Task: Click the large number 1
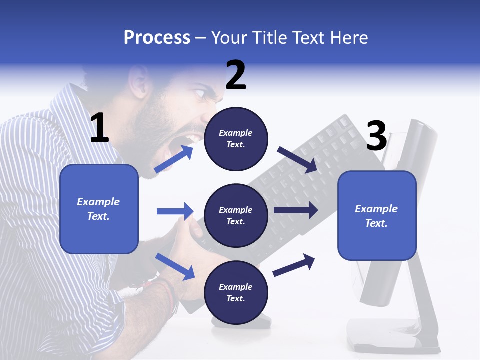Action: (x=99, y=128)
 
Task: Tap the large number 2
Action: (x=236, y=75)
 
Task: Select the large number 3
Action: (x=376, y=136)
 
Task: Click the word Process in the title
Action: (x=157, y=38)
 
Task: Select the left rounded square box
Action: (x=99, y=209)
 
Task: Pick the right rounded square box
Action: (x=377, y=215)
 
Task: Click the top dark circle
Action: (x=236, y=139)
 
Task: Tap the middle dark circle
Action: (x=236, y=215)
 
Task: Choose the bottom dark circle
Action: (x=236, y=292)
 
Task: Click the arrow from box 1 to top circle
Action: (x=174, y=159)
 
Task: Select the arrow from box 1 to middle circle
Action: (x=175, y=211)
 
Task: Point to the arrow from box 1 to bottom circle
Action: (x=175, y=266)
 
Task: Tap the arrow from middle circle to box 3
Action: (x=296, y=210)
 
